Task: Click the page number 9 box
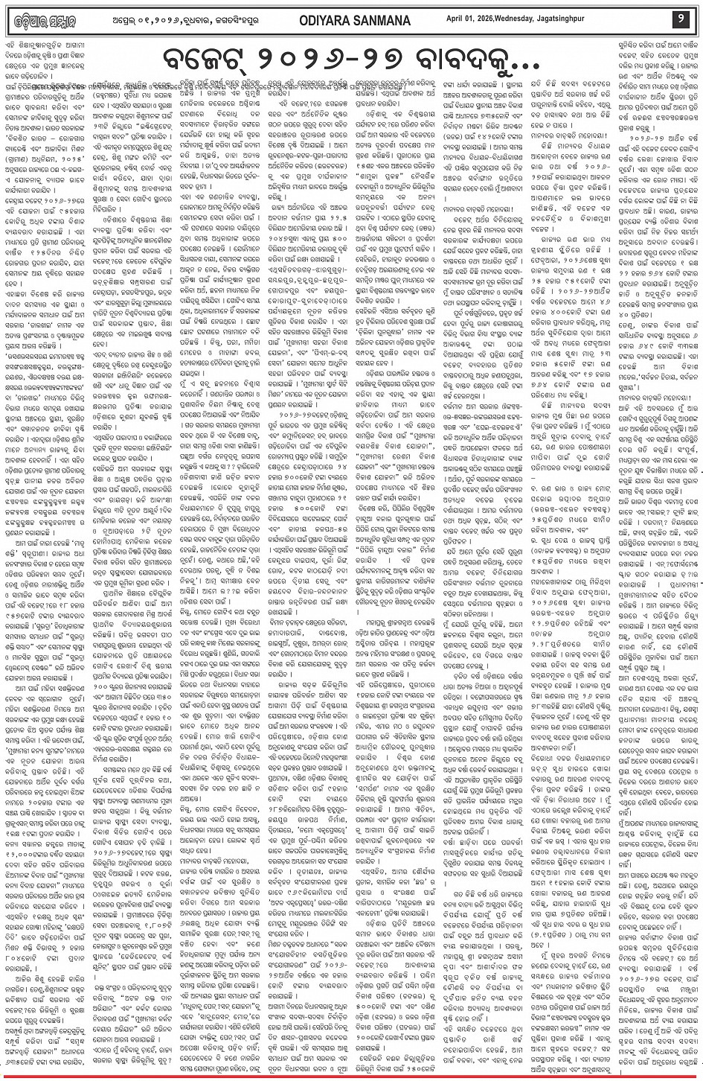(681, 17)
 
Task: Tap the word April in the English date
(531, 17)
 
